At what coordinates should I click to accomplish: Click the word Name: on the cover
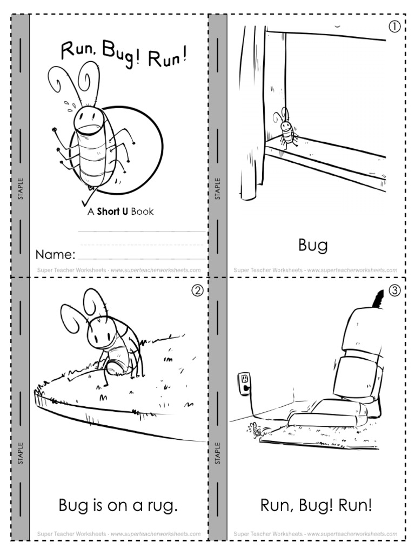point(55,254)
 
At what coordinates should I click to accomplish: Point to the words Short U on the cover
point(112,212)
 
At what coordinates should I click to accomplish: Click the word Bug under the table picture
point(313,246)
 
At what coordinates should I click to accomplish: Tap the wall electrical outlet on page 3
point(245,382)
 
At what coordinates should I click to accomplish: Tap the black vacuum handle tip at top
point(380,297)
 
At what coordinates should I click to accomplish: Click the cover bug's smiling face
point(88,116)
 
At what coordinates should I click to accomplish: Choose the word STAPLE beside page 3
point(218,453)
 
